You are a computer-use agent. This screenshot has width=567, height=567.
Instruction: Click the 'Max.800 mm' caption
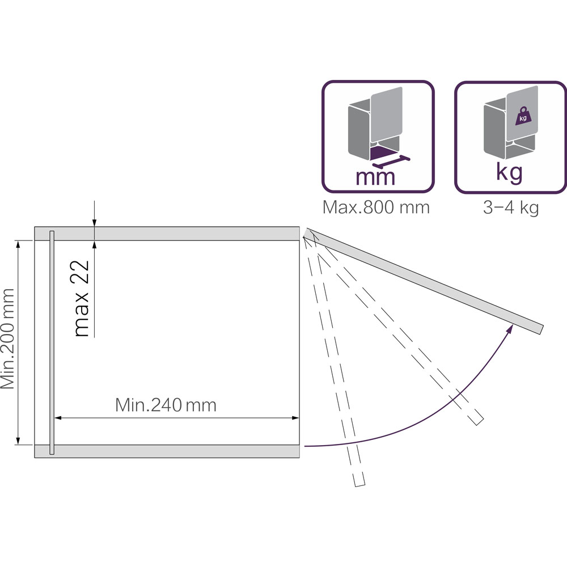coord(376,208)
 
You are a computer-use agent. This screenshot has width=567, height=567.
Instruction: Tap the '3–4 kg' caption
coord(511,208)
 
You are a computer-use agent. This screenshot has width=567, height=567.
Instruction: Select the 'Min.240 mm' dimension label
coord(166,405)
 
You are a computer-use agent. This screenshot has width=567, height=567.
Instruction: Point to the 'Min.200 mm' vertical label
coord(7,339)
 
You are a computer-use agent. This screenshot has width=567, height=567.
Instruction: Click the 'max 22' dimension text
coord(81,298)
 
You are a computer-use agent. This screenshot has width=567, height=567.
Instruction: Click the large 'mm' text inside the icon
coord(375,177)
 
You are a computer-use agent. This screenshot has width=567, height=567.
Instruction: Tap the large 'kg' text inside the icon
coord(509,173)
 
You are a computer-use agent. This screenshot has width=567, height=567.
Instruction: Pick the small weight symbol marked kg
coord(523,116)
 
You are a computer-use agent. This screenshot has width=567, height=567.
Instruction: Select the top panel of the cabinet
coord(167,233)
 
